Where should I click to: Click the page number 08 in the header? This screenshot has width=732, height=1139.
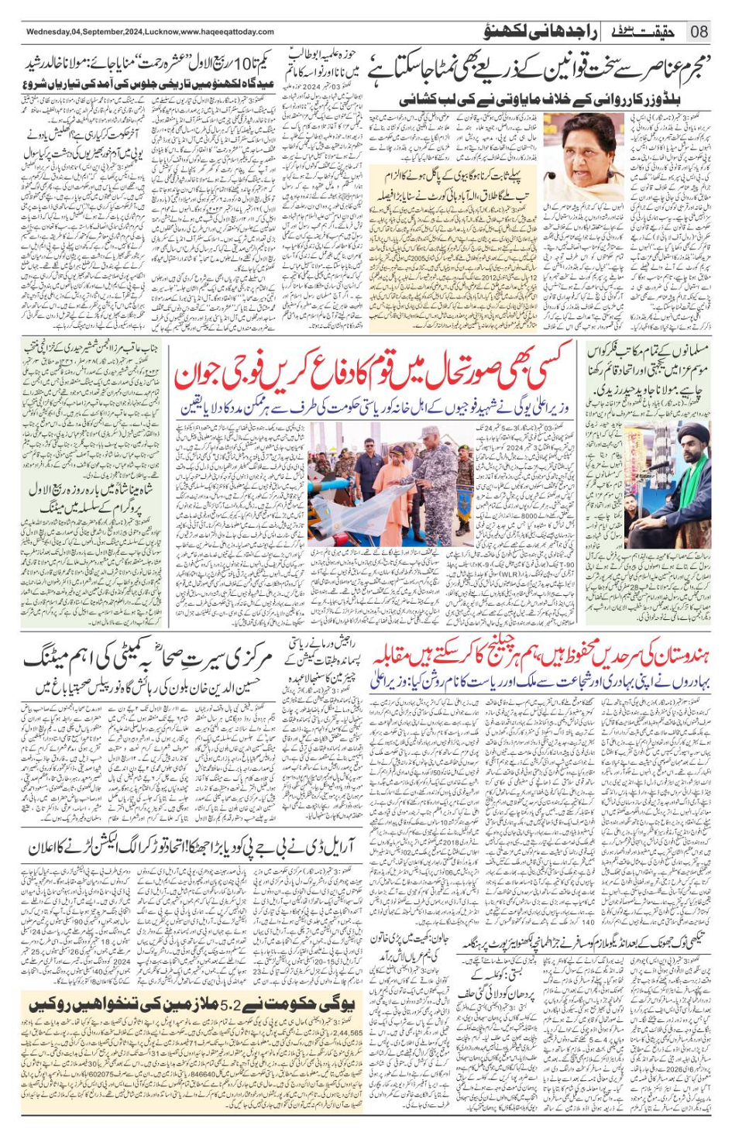pyautogui.click(x=699, y=32)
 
